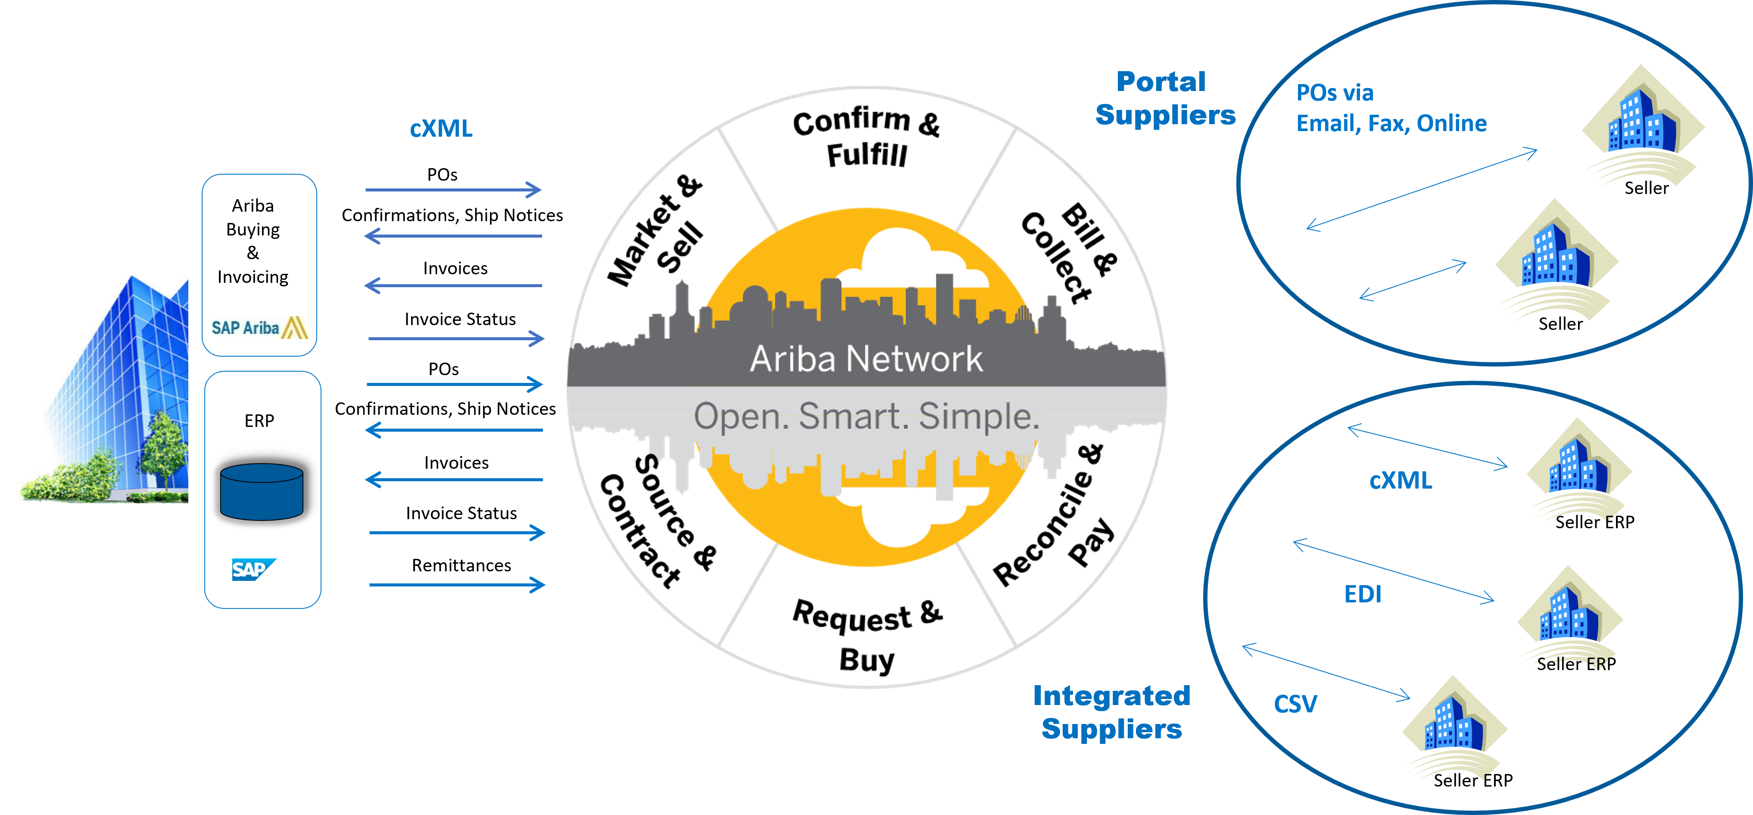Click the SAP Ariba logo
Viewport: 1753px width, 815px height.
coord(259,327)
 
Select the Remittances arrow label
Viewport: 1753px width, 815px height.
coord(462,565)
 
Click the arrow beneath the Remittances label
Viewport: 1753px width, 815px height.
coord(457,584)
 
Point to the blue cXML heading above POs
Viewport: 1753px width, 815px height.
coord(441,128)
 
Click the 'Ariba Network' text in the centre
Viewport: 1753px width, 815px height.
coord(866,358)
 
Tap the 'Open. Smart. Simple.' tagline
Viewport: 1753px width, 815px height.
coord(866,416)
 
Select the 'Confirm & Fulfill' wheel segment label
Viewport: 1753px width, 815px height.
coord(866,137)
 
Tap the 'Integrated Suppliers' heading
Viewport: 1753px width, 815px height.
coord(1112,712)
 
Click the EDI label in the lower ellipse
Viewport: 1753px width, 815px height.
coord(1363,594)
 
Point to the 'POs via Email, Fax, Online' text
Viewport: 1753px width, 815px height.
coord(1391,107)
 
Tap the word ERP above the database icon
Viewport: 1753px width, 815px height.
coord(259,421)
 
